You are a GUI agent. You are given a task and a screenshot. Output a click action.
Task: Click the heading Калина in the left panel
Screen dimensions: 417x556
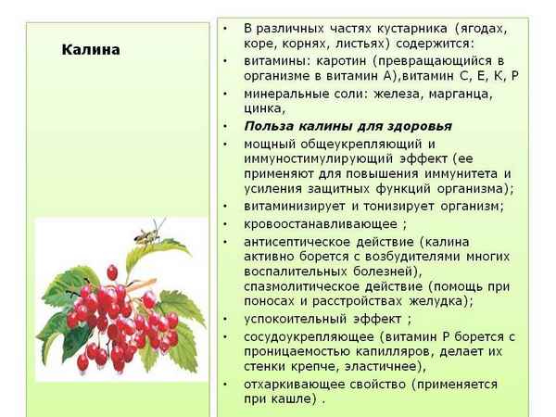pos(90,50)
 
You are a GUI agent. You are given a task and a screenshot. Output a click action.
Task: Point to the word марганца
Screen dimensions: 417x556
pos(457,93)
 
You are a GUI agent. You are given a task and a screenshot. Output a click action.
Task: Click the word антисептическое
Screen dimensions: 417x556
pos(296,241)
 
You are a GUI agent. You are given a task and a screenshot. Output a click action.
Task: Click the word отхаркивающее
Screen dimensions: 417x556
pos(295,383)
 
